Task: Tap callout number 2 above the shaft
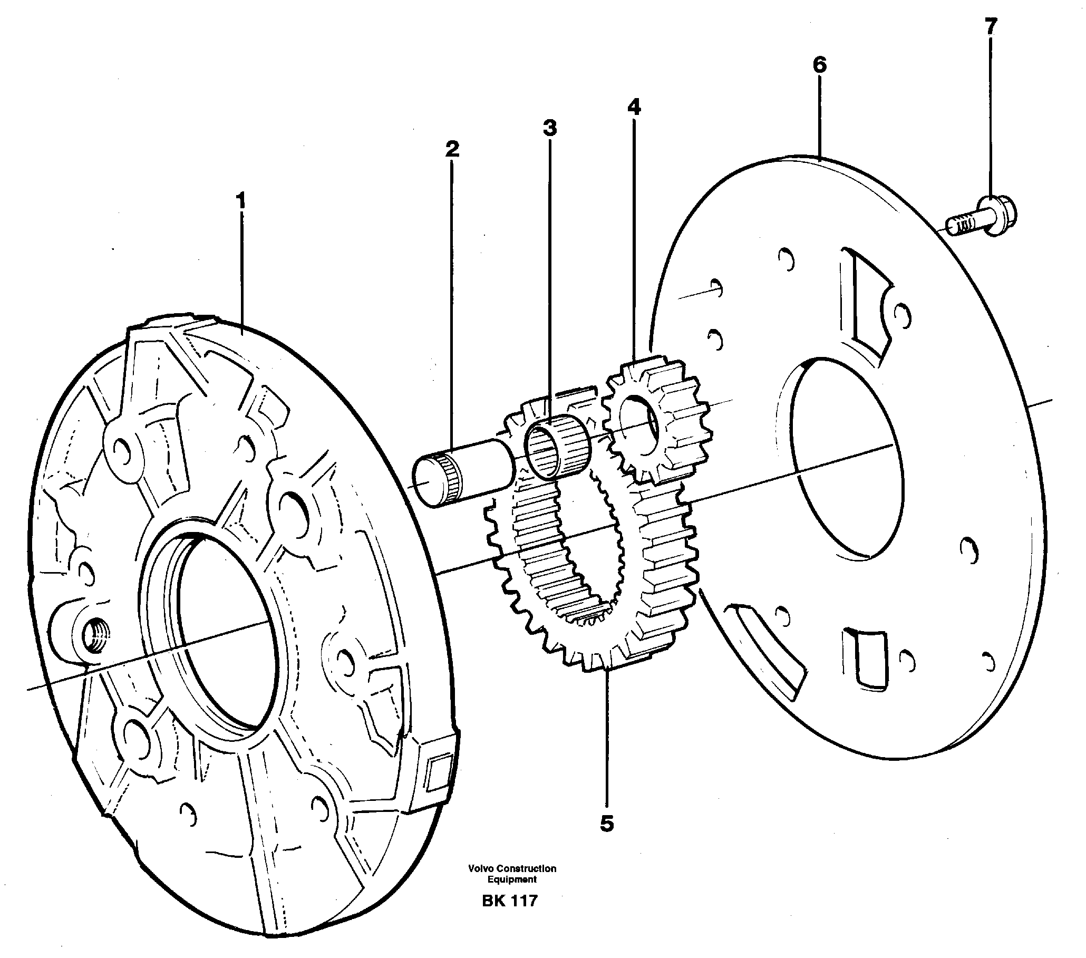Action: point(452,149)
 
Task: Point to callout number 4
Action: point(633,107)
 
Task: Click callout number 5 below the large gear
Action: point(606,824)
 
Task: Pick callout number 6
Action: point(819,65)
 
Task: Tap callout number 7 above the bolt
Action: point(991,26)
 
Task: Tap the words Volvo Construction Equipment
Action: point(512,874)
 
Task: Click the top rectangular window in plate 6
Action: point(866,297)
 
